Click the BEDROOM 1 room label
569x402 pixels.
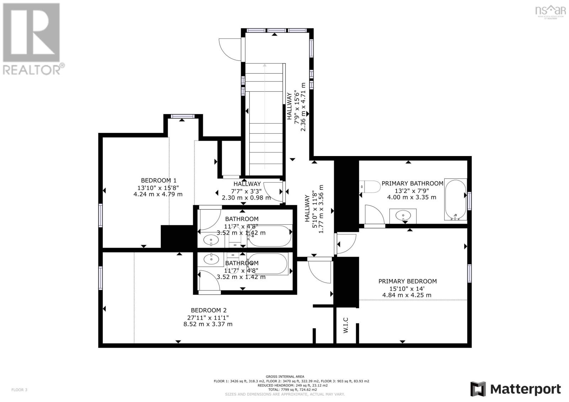point(159,180)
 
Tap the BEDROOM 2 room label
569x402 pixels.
point(208,310)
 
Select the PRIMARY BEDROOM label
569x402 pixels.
point(407,281)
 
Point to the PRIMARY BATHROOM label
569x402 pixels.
point(412,183)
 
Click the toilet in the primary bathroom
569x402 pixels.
point(370,186)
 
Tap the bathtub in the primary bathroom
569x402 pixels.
point(456,200)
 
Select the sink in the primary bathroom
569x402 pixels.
point(403,215)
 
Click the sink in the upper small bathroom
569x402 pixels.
point(212,240)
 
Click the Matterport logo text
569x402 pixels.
point(525,389)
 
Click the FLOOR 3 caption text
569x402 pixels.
point(19,390)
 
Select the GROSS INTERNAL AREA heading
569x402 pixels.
point(284,376)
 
